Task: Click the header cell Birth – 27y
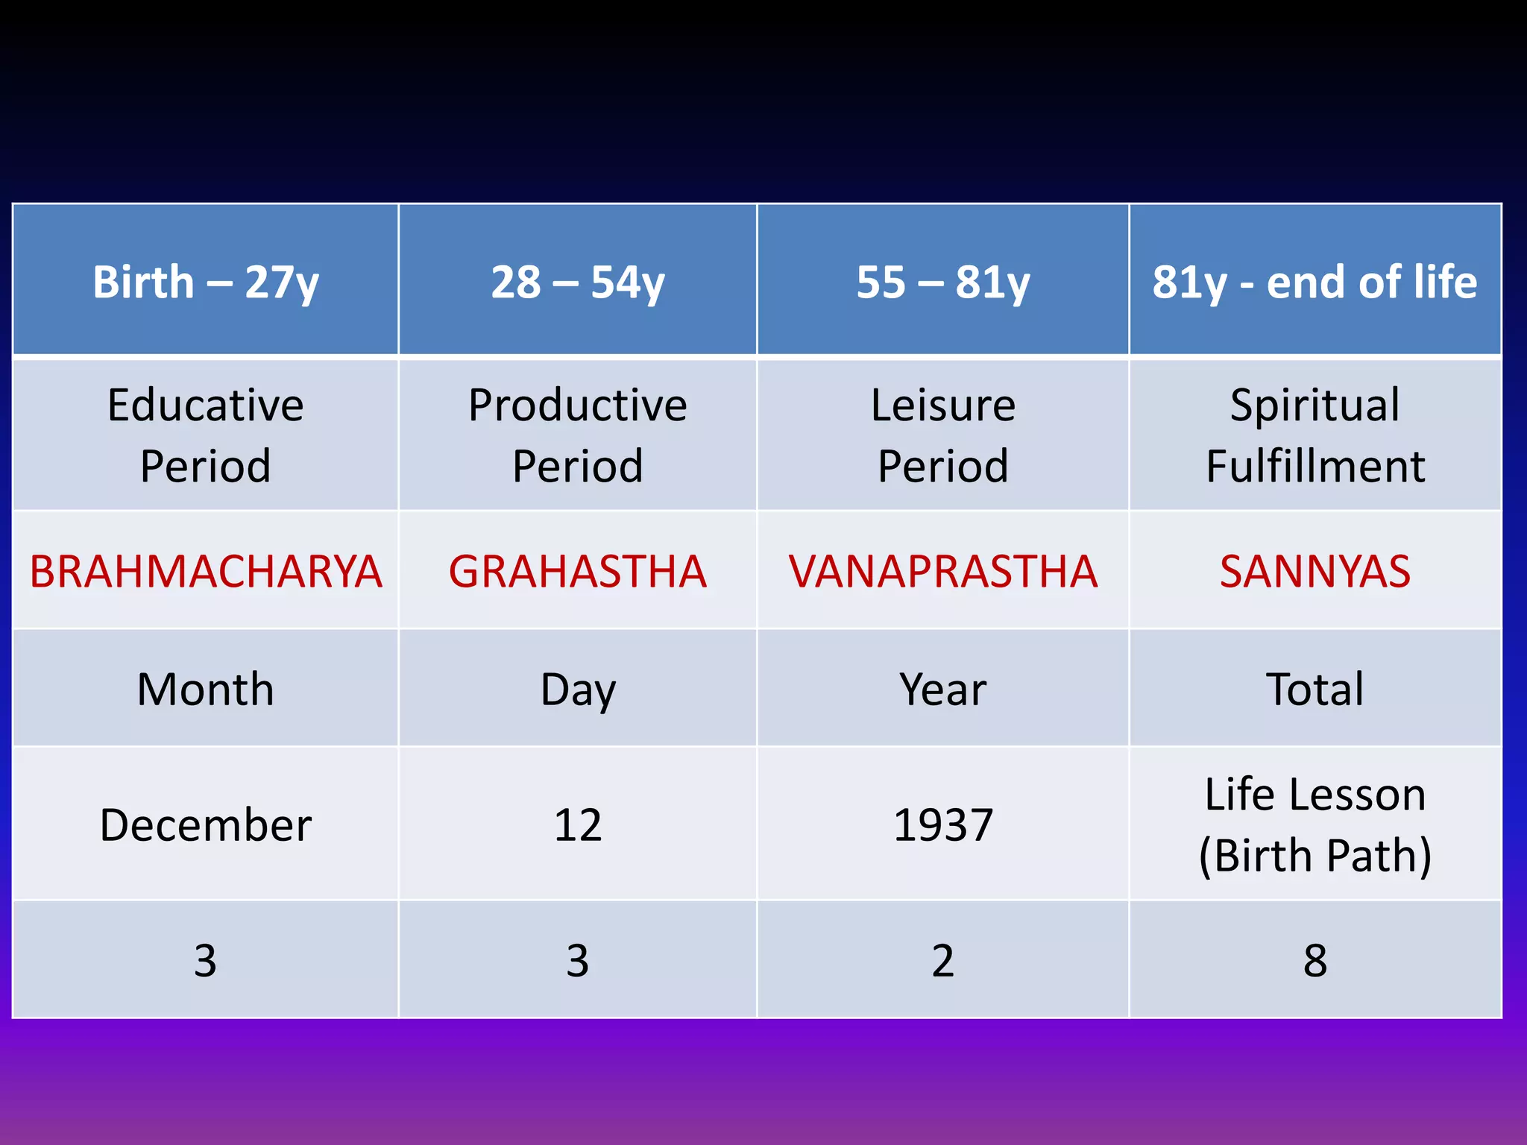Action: [206, 282]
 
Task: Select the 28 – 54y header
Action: [577, 282]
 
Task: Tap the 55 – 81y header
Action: [942, 282]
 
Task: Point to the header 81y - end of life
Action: [1315, 282]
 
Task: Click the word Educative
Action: [206, 405]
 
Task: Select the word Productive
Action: [577, 405]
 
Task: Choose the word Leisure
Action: [942, 405]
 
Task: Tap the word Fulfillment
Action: [1315, 467]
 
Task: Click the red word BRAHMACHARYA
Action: [206, 572]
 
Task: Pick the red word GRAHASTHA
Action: [577, 572]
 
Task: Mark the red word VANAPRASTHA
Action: [942, 572]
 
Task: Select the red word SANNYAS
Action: [1315, 572]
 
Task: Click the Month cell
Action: [206, 689]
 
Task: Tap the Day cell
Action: [577, 689]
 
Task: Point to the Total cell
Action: [1315, 689]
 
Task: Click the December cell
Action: [206, 825]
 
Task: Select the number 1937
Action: [942, 825]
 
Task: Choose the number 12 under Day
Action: [577, 825]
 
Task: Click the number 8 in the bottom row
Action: [1315, 960]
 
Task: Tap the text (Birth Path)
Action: [1315, 855]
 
